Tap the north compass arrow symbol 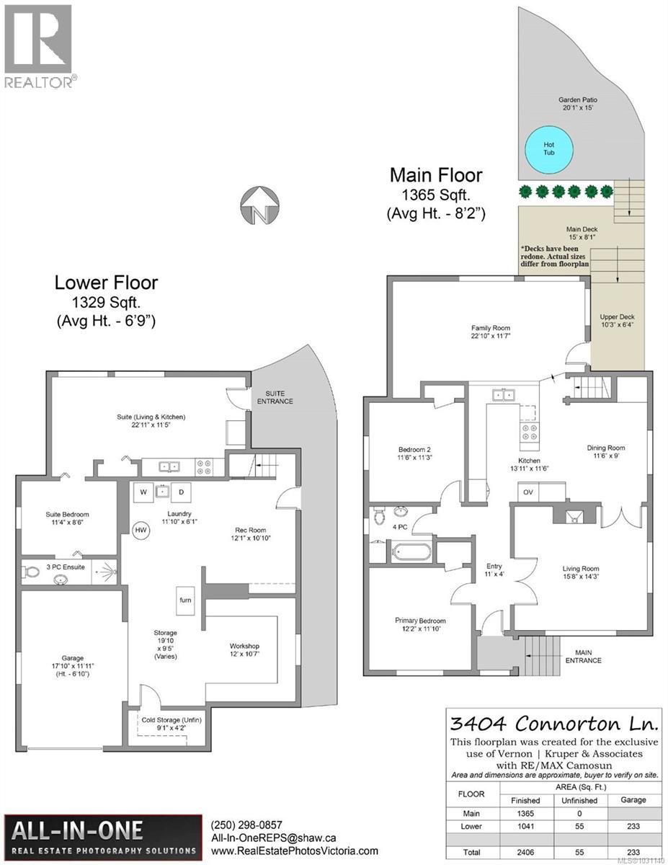(x=258, y=205)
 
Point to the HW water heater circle (x=141, y=530)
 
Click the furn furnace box (x=185, y=599)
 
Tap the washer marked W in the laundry (x=143, y=492)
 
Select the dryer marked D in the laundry (x=182, y=492)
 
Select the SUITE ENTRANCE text (x=277, y=396)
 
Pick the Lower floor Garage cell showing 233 (x=634, y=825)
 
